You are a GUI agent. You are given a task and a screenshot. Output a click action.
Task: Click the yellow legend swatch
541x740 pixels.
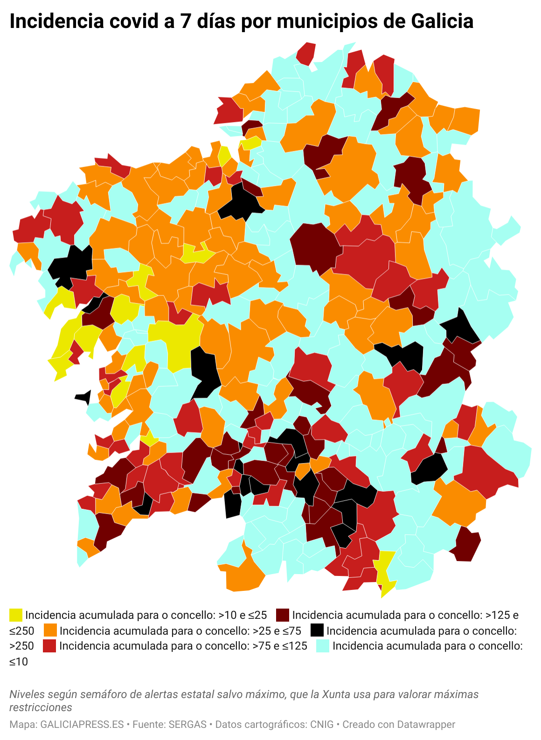pos(16,615)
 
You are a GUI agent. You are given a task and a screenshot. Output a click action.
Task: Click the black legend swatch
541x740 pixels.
pos(317,630)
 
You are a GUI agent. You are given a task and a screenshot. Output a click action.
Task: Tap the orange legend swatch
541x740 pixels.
pos(50,630)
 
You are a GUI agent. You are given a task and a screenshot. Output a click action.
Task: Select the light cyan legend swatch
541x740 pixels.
pos(323,646)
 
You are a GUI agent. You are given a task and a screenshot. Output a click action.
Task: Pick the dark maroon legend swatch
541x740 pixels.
pos(283,615)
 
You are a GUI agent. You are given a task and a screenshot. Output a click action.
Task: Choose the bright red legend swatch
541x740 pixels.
pos(49,646)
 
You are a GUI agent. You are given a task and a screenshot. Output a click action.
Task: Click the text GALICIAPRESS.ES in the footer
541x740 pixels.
pos(82,725)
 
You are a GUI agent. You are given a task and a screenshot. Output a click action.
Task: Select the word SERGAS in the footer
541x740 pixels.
pos(187,725)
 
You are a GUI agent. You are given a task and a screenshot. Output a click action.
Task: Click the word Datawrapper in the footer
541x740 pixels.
pos(426,725)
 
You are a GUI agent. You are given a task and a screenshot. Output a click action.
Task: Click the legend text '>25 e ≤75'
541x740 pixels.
pos(277,631)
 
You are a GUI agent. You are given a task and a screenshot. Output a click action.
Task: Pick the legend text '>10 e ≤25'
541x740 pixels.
pos(243,615)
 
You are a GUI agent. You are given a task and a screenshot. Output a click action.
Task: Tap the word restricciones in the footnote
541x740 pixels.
pos(41,707)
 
